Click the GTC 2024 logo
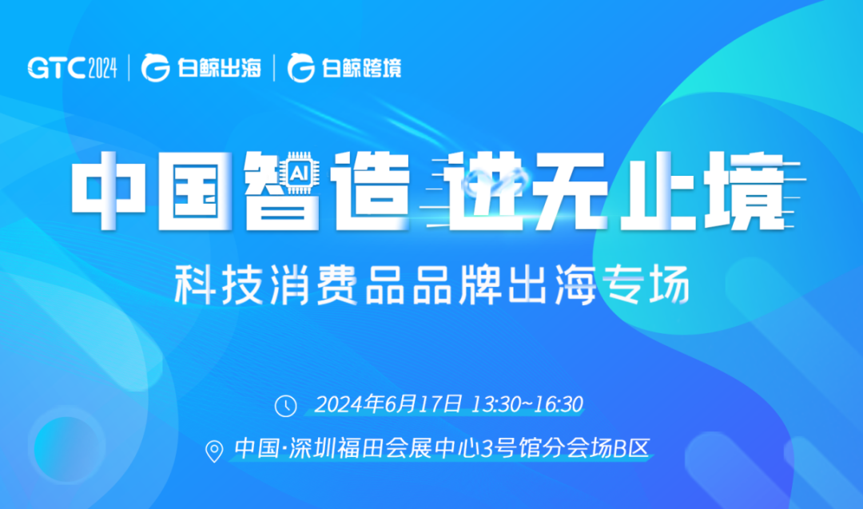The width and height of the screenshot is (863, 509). [x=73, y=68]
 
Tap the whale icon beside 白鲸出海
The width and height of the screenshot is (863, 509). [x=155, y=69]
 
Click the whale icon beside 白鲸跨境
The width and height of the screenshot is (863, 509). [x=301, y=69]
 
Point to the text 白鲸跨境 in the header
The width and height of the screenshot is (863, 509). [x=361, y=69]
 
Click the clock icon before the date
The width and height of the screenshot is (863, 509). [x=285, y=405]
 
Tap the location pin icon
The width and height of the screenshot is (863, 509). [x=214, y=451]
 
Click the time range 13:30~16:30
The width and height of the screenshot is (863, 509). [x=528, y=404]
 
